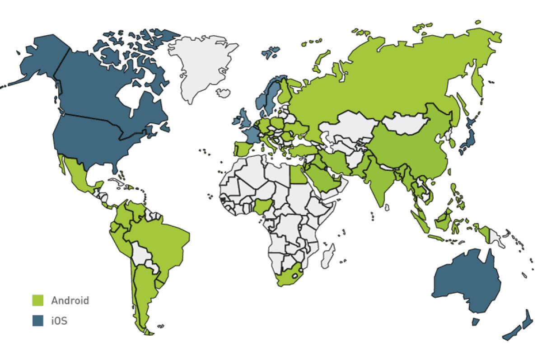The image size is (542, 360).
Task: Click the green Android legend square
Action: pyautogui.click(x=37, y=300)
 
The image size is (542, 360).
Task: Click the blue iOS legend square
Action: pyautogui.click(x=37, y=321)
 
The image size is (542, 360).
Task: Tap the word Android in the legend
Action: pyautogui.click(x=70, y=300)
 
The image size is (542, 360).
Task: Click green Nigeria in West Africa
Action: pyautogui.click(x=261, y=208)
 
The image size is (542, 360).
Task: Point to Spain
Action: pyautogui.click(x=244, y=149)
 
